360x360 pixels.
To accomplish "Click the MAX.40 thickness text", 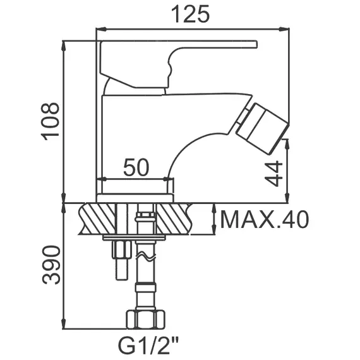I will pos(264,220).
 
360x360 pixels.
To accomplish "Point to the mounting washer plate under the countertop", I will pos(134,239).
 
